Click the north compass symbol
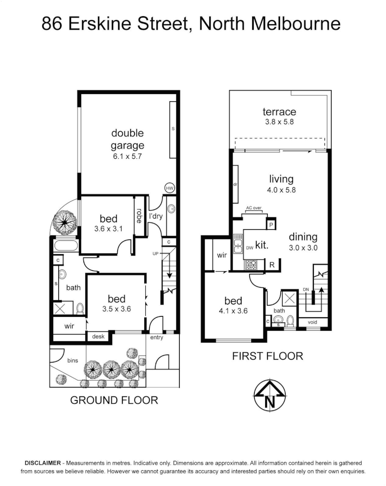[x=270, y=396]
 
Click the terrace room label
[x=279, y=112]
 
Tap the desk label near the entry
[x=98, y=336]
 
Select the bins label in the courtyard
[x=73, y=360]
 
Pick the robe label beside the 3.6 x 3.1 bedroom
[x=140, y=216]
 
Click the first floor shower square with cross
[x=289, y=298]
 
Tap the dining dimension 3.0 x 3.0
[x=303, y=247]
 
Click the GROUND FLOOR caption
[x=114, y=400]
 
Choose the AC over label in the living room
[x=254, y=208]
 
